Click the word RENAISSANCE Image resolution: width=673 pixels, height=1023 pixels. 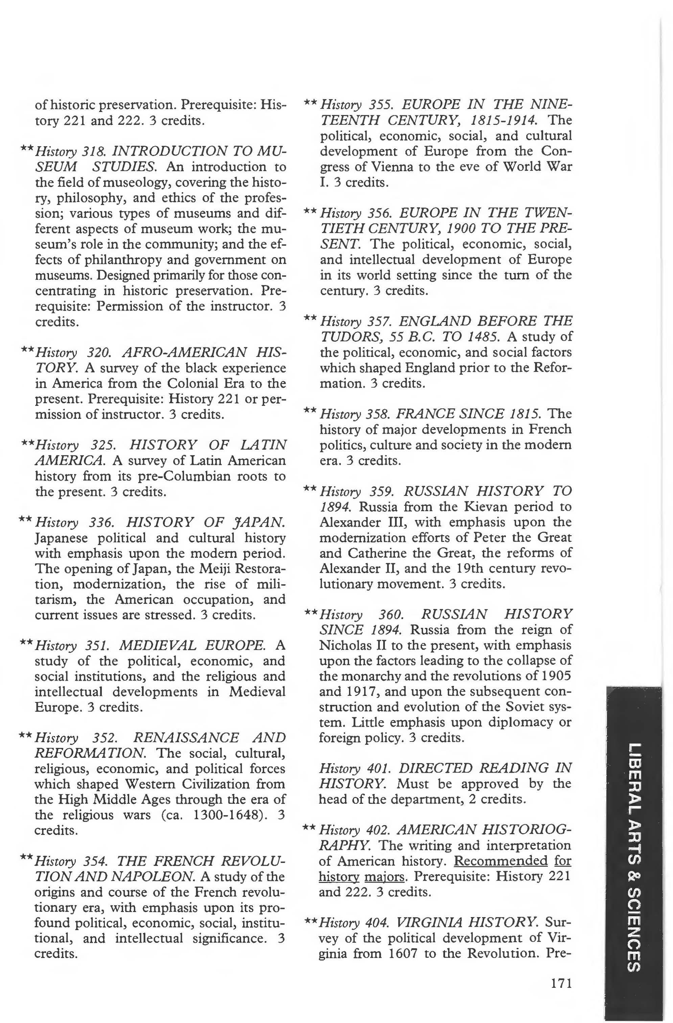[x=186, y=738]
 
